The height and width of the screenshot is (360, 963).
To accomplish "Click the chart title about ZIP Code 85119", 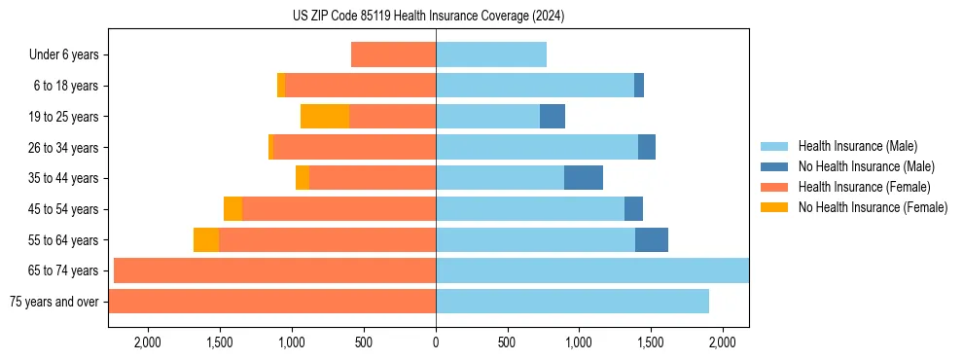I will coord(428,16).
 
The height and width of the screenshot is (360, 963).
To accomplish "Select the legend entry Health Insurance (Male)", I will coord(857,146).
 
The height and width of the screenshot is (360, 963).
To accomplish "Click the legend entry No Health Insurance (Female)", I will coord(873,207).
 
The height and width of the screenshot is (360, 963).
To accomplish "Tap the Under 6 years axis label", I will coord(63,55).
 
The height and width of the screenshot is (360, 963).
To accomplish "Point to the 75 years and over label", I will coord(53,302).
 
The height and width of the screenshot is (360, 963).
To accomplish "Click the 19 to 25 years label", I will coord(65,117).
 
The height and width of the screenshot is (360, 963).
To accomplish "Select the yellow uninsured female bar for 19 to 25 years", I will coord(325,117).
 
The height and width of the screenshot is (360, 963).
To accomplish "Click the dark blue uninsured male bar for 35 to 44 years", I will coord(584,178).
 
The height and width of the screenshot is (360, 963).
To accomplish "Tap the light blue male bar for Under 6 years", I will coord(491,55).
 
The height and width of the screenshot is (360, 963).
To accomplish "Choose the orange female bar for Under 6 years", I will coord(393,55).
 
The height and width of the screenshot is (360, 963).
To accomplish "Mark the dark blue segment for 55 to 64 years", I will coord(652,240).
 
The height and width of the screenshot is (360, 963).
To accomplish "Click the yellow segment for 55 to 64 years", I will coord(206,240).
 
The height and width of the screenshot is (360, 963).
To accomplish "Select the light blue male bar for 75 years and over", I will coord(572,302).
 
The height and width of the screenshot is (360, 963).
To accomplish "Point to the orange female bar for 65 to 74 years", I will coord(274,270).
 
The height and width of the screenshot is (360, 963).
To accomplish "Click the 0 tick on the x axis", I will coord(436,342).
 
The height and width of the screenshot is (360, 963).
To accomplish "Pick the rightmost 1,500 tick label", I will coord(651,342).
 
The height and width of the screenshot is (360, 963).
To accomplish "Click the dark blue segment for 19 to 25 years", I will coord(553,117).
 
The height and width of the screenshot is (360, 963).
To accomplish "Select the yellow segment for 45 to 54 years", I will coord(232,209).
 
